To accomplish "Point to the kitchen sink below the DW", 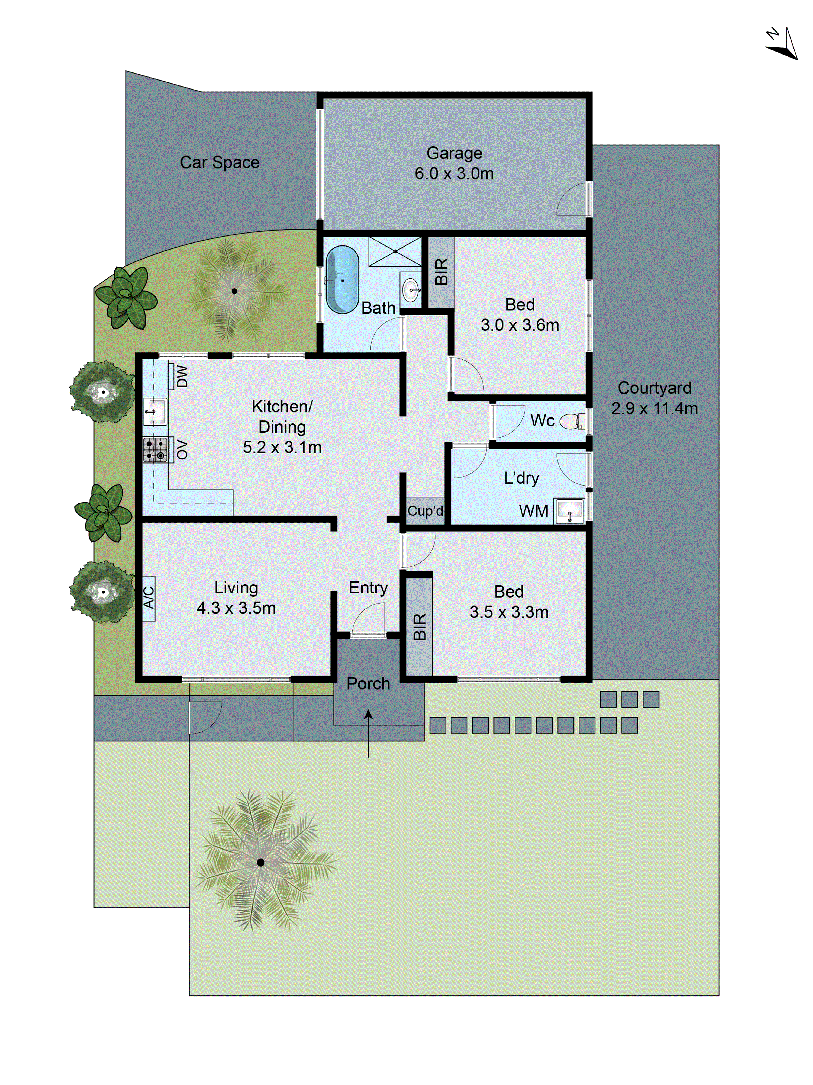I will point(155,411).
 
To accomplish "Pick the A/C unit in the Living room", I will point(149,598).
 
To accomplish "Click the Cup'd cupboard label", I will point(425,511).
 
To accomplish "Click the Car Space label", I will point(220,162).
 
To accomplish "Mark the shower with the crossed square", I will point(395,251).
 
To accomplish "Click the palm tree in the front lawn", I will point(261,862).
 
